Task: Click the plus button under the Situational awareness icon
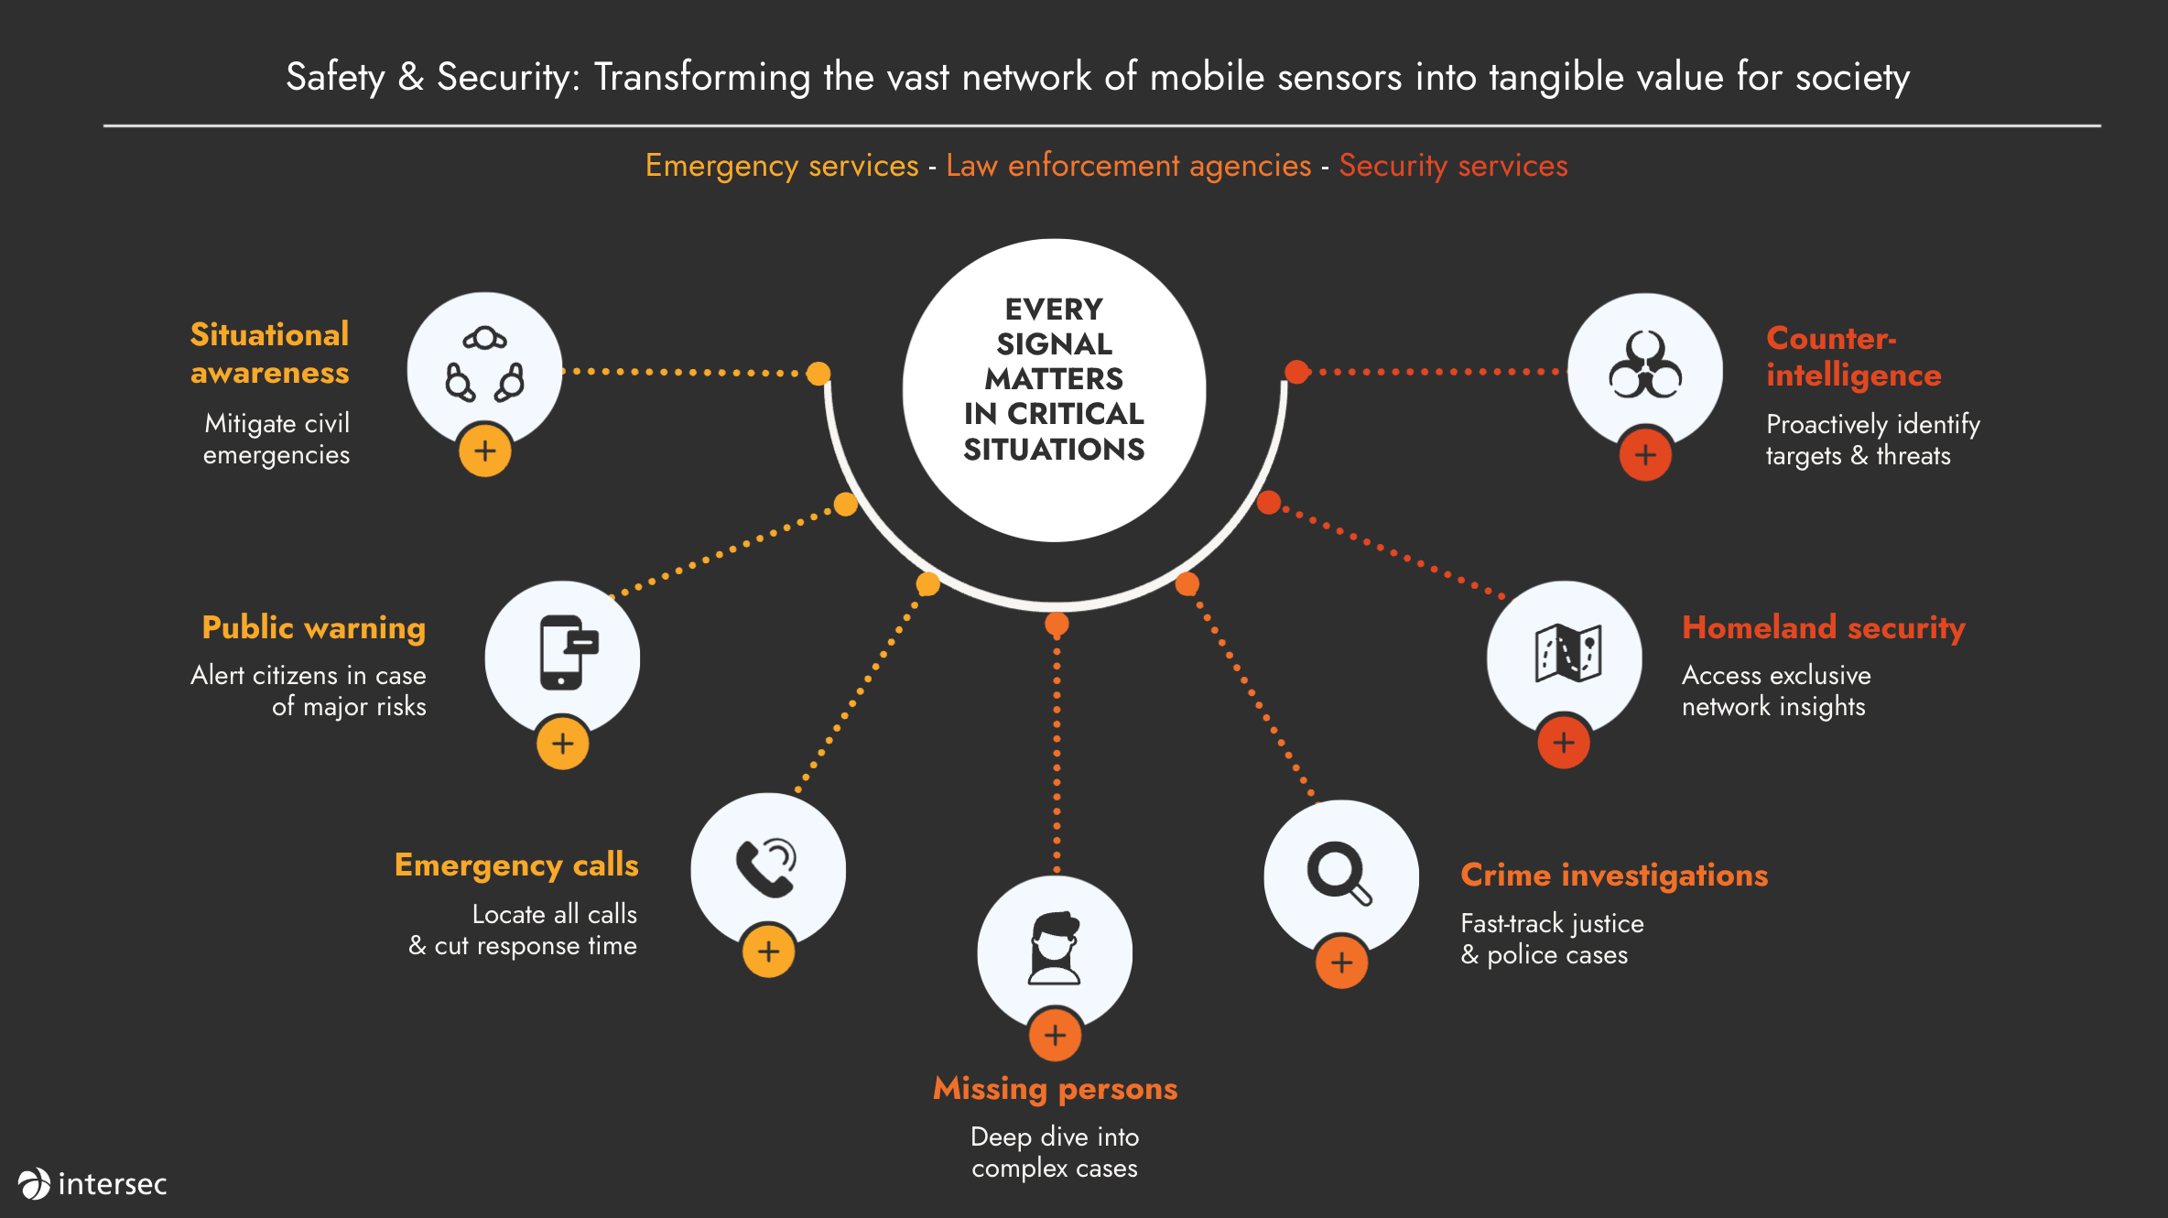pos(484,451)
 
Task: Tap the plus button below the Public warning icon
pos(562,743)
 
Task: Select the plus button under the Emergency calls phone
pos(768,951)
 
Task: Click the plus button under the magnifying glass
pos(1341,962)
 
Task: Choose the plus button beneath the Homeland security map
pos(1564,742)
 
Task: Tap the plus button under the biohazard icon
pos(1645,454)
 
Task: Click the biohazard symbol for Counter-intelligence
pos(1645,365)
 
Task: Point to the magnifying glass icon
pos(1339,872)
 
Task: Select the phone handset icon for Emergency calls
pos(766,867)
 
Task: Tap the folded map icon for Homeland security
pos(1567,652)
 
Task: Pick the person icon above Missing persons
pos(1055,949)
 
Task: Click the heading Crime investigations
pos(1614,875)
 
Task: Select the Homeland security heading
pos(1823,628)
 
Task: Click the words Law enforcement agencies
pos(1128,166)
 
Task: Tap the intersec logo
pos(92,1183)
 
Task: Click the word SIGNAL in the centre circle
pos(1054,344)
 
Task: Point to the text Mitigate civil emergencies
pos(276,439)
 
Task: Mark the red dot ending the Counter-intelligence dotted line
pos(1296,372)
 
